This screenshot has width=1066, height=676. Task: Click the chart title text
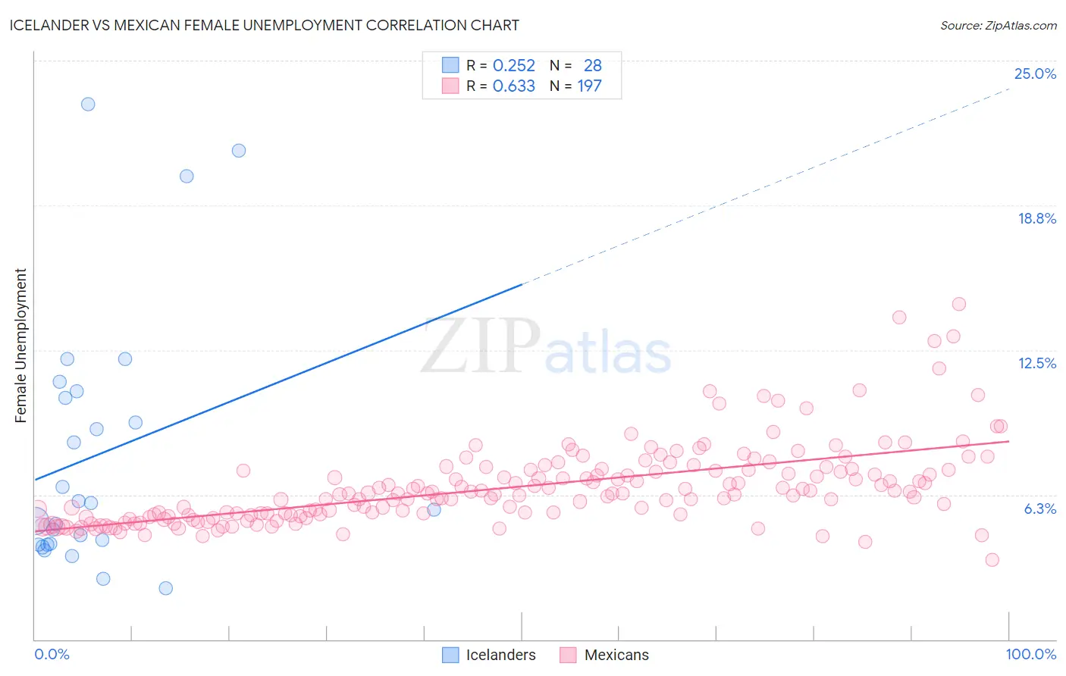click(264, 25)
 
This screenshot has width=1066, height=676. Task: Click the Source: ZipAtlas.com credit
click(998, 25)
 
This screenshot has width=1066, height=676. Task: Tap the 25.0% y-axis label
click(1035, 74)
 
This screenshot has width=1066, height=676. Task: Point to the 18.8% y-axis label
click(1036, 218)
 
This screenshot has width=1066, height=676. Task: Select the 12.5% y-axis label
click(1036, 363)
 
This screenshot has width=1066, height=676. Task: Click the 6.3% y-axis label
click(1039, 509)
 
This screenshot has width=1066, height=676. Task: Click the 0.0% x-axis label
click(52, 654)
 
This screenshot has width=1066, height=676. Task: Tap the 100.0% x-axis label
click(1030, 654)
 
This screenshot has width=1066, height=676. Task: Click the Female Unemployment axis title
click(20, 345)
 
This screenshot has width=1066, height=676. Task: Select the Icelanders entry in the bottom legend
click(500, 655)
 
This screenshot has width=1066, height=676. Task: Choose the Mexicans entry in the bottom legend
click(616, 655)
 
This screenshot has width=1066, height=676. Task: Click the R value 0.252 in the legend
click(513, 66)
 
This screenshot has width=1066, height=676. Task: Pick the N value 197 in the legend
click(589, 86)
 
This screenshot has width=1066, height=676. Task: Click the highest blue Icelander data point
click(88, 104)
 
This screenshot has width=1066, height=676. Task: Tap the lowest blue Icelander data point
click(165, 588)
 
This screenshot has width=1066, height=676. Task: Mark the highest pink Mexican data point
click(958, 304)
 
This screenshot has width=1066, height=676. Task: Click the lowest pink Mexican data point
click(992, 560)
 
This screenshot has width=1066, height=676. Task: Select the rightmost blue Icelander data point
click(434, 509)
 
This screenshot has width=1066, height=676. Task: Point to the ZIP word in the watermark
click(480, 346)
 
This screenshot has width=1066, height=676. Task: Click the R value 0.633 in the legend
click(513, 86)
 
